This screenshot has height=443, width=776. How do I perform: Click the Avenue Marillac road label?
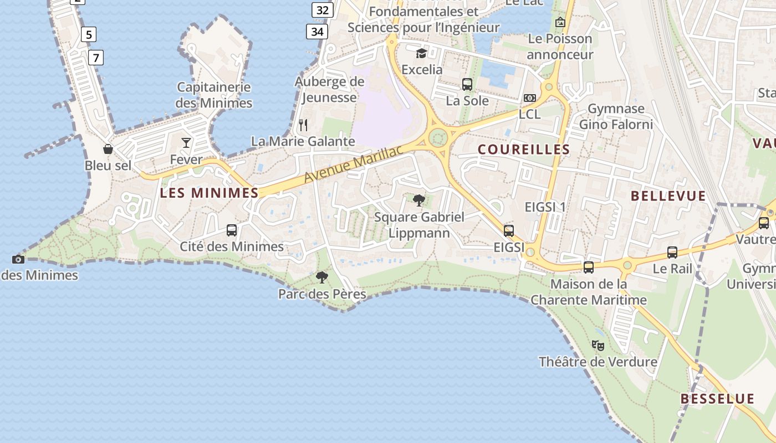click(353, 166)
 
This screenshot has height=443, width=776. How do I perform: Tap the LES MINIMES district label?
click(209, 193)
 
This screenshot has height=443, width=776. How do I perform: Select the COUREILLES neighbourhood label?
click(524, 150)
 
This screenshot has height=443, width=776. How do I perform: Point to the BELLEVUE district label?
click(668, 196)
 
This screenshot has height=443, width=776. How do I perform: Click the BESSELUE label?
click(717, 399)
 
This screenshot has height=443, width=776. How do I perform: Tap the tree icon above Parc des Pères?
click(321, 277)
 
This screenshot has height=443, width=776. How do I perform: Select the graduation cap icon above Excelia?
click(422, 53)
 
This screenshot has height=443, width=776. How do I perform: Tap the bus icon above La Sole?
click(467, 85)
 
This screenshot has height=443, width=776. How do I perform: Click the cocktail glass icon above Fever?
click(186, 143)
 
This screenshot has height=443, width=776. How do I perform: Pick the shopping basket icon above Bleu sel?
click(108, 149)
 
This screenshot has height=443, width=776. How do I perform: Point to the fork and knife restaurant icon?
click(303, 125)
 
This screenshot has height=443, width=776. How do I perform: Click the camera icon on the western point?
click(18, 259)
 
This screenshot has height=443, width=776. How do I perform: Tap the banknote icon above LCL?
click(529, 98)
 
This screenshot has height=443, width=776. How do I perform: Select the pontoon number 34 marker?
click(317, 32)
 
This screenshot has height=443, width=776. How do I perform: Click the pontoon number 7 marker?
click(96, 57)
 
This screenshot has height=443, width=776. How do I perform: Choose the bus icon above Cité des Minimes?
click(232, 230)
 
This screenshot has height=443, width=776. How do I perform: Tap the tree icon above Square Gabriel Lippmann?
click(419, 200)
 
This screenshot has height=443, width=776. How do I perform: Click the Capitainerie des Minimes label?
click(214, 95)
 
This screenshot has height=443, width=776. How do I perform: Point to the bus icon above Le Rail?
click(672, 253)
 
